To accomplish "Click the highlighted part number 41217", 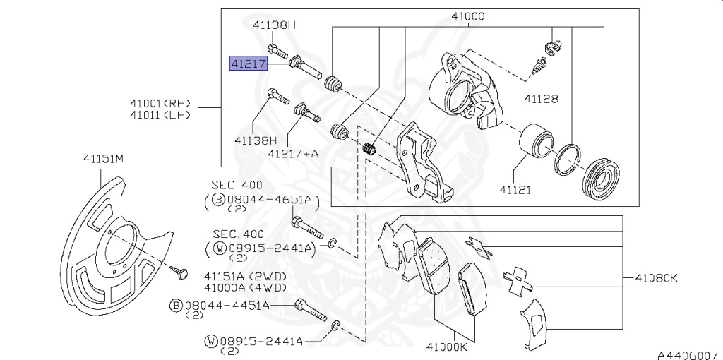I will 247,64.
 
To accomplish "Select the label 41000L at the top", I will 472,18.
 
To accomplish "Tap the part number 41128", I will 541,99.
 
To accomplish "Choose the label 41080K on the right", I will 654,279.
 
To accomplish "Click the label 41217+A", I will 293,152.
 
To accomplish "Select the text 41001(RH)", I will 160,103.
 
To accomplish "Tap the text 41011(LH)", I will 160,115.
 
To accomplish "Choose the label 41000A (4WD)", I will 245,287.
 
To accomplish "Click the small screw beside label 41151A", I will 180,272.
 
